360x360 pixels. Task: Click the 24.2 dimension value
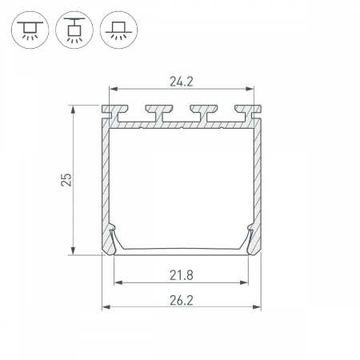point(182,82)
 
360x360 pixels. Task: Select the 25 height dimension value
point(66,180)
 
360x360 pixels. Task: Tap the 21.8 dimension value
point(182,275)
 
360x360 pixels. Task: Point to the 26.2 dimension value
point(182,301)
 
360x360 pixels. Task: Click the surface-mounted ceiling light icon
point(30,30)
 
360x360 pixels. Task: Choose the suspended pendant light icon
point(74,30)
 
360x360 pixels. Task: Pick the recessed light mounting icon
point(118,30)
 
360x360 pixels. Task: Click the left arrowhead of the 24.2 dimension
point(114,89)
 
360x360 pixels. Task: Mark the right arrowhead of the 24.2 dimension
point(250,89)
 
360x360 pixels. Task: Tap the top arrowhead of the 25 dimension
point(73,110)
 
